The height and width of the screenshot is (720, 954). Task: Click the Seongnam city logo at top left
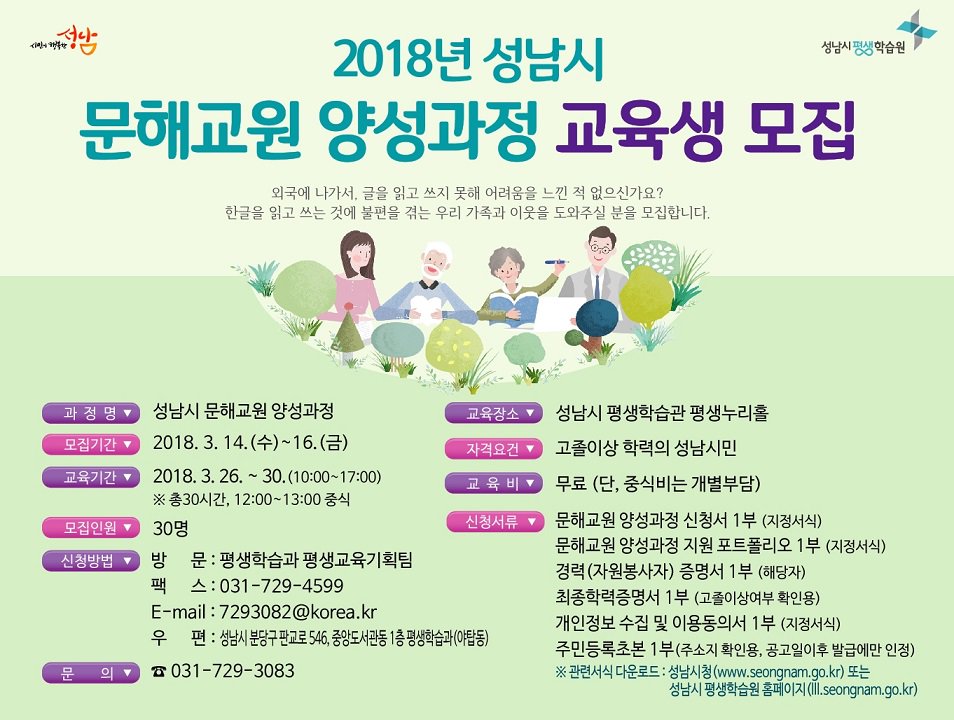[x=66, y=42]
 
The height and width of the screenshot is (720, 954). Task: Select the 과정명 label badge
[x=91, y=412]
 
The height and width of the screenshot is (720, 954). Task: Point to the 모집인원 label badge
[x=91, y=528]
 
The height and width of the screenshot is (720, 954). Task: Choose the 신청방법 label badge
[x=91, y=560]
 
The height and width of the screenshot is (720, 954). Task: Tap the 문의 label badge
[x=91, y=672]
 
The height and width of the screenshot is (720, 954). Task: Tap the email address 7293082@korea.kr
[x=298, y=612]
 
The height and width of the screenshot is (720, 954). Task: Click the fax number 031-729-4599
[x=280, y=586]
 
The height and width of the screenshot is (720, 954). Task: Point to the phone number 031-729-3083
[x=232, y=671]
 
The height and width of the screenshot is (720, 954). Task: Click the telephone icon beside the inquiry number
[x=158, y=672]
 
